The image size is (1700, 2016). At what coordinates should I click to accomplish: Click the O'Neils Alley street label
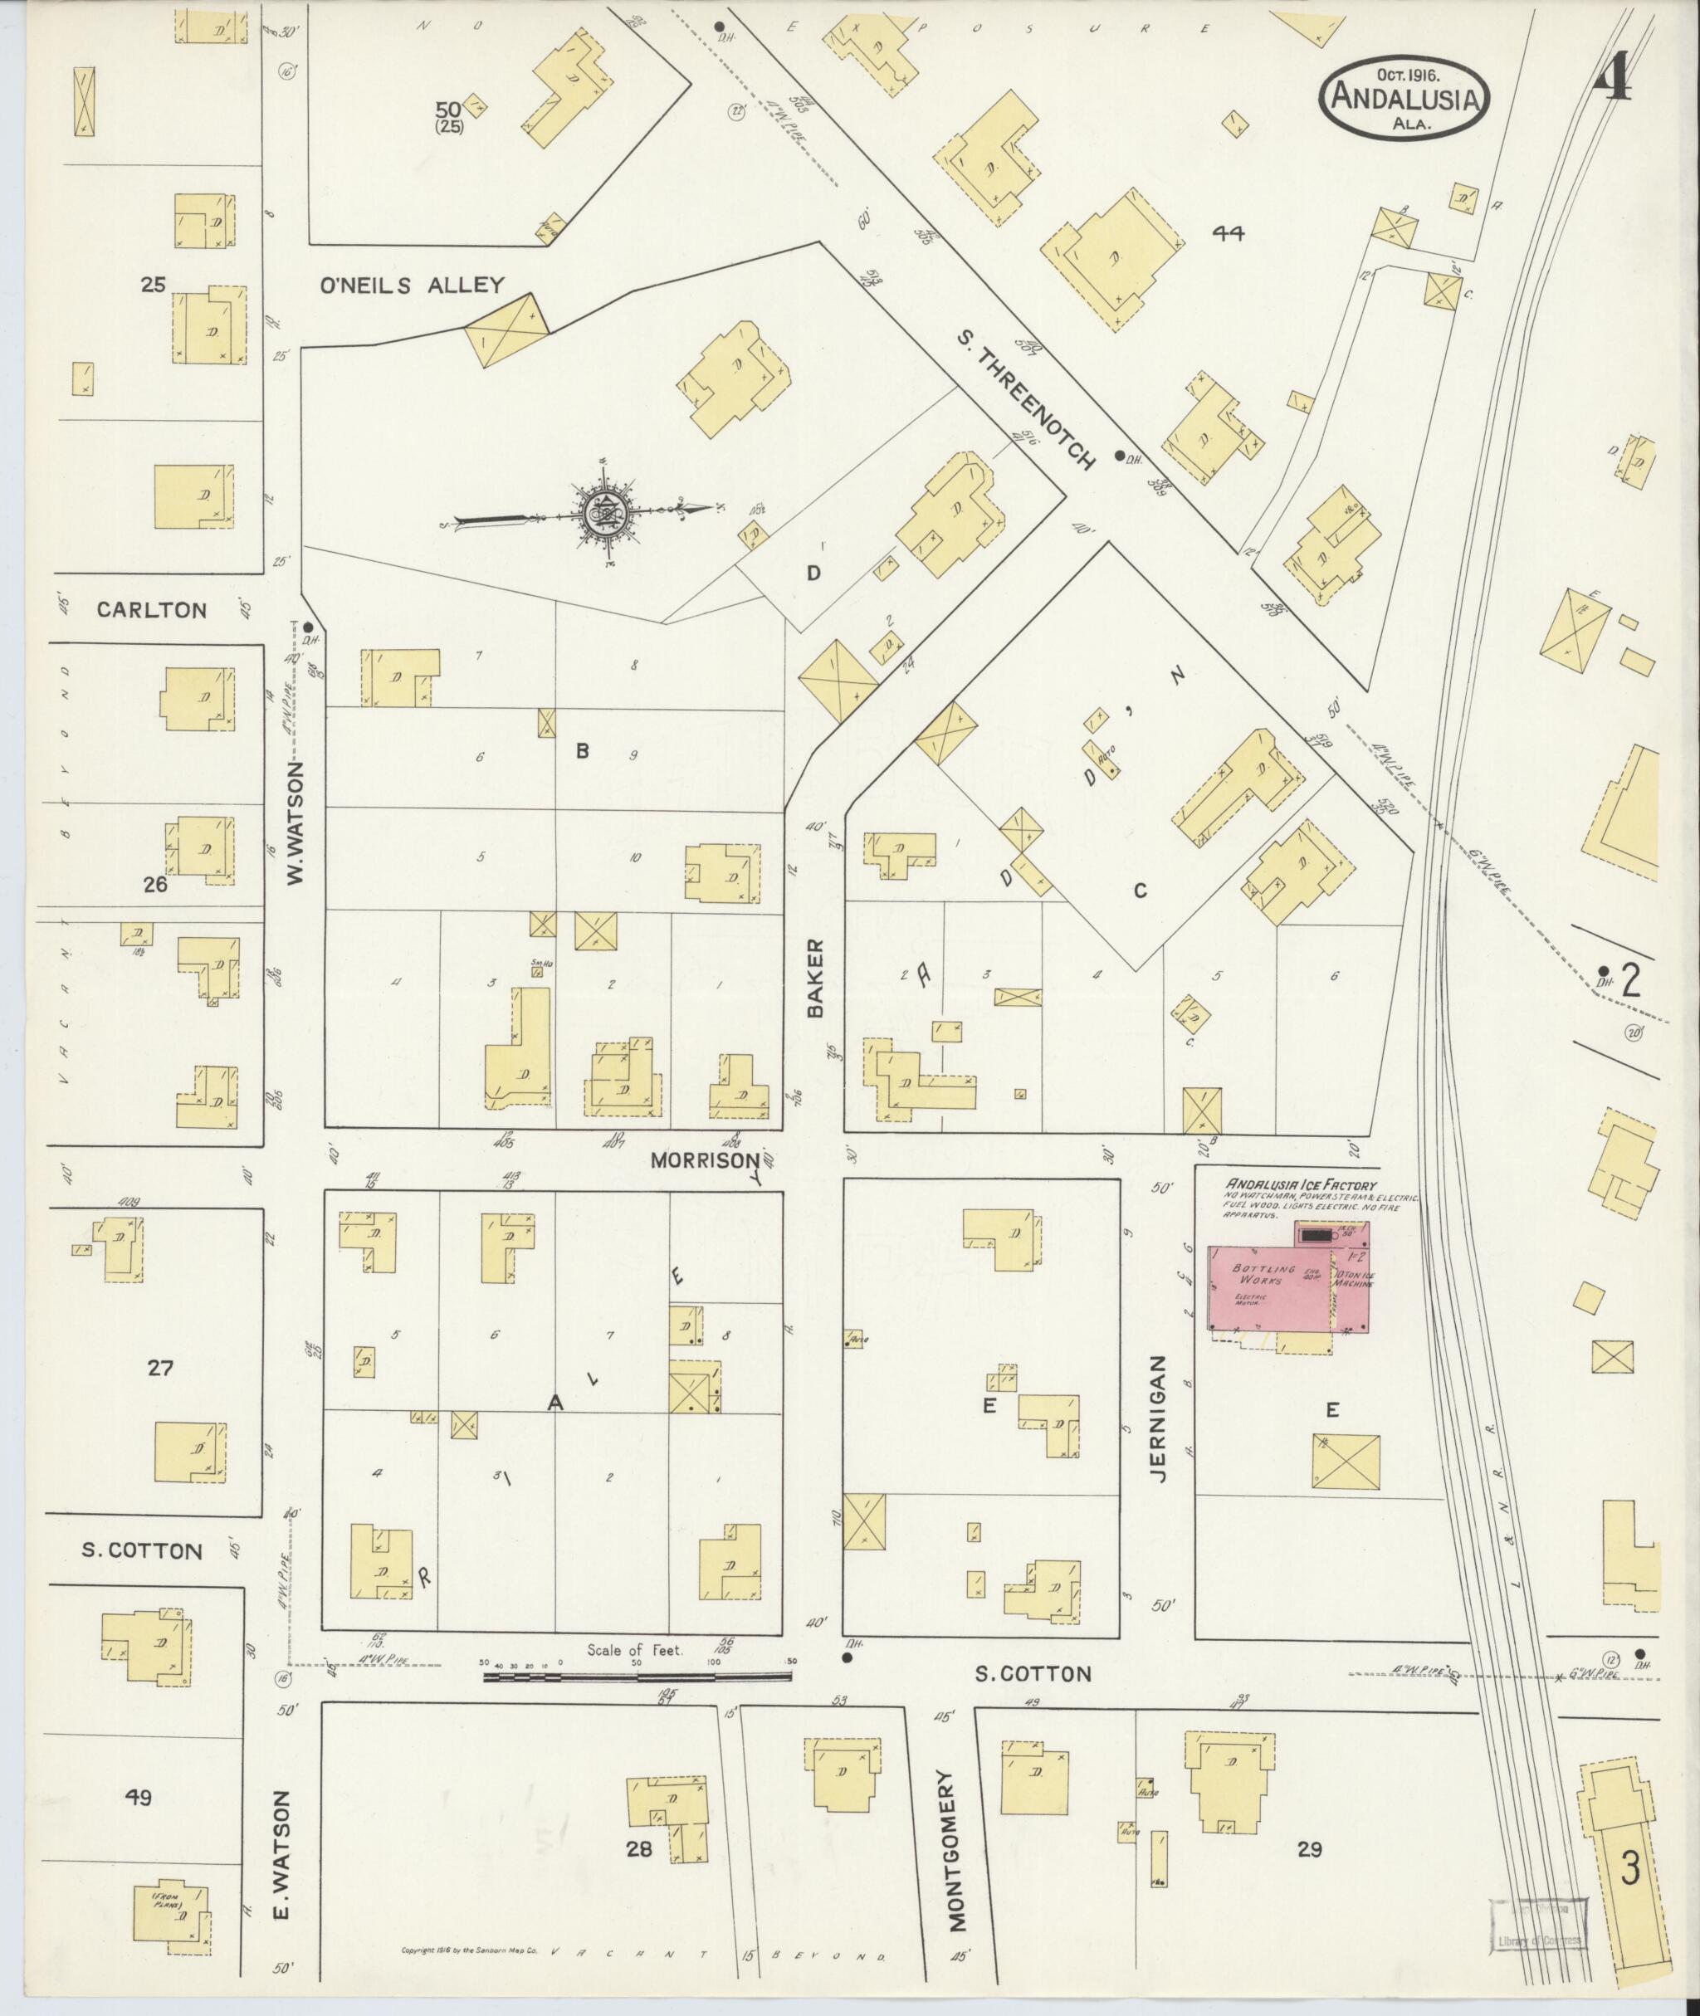(x=413, y=286)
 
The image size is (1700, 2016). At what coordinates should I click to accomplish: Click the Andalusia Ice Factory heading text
(x=1300, y=1186)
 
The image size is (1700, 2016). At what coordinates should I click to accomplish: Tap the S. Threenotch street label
(x=1028, y=400)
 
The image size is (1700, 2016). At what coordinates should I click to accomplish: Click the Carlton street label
(x=152, y=610)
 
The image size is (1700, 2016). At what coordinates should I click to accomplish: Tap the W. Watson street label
(x=296, y=821)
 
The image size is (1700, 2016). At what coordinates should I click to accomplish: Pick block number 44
(x=1229, y=232)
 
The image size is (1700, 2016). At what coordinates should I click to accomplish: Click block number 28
(x=639, y=1849)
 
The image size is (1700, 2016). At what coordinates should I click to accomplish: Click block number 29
(x=1309, y=1849)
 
